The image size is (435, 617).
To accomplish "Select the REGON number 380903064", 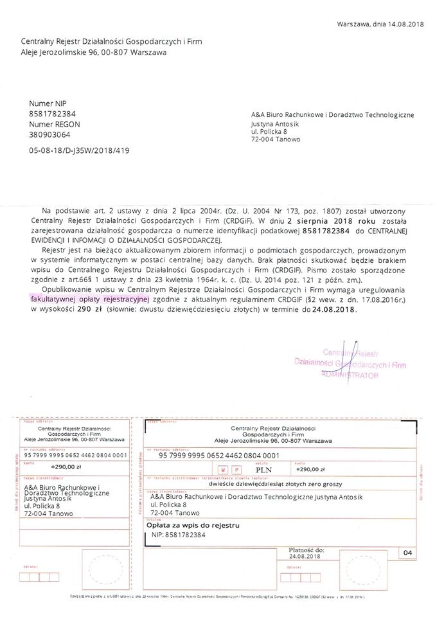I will coord(50,135).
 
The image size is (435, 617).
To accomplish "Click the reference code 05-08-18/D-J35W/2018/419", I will coord(83,150).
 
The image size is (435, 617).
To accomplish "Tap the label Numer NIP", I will coord(48,103).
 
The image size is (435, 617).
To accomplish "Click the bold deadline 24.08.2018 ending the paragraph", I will coord(333,309).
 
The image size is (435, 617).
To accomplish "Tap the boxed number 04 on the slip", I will coord(407,553).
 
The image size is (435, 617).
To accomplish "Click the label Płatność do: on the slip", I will coord(306,550).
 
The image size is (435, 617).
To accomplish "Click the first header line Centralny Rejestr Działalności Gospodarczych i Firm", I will coord(111,42).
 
